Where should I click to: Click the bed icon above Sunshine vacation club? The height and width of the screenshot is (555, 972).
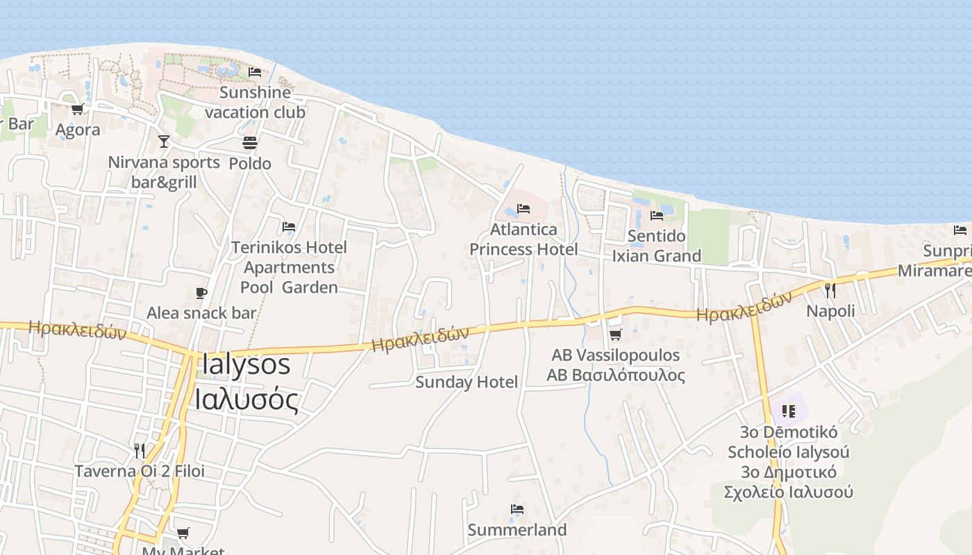pyautogui.click(x=255, y=71)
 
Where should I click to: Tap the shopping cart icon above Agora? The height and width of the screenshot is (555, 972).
pyautogui.click(x=77, y=109)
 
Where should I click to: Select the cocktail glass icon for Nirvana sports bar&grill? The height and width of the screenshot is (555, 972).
pyautogui.click(x=164, y=142)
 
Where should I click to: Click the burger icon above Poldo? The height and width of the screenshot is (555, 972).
pyautogui.click(x=250, y=143)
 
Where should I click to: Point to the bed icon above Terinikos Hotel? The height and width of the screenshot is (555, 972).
pyautogui.click(x=289, y=227)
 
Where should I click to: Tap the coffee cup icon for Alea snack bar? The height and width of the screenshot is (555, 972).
pyautogui.click(x=201, y=293)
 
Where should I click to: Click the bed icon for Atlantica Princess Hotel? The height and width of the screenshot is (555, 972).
pyautogui.click(x=523, y=209)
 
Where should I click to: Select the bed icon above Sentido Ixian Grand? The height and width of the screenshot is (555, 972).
pyautogui.click(x=656, y=216)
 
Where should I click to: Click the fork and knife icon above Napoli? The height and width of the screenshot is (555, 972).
pyautogui.click(x=830, y=290)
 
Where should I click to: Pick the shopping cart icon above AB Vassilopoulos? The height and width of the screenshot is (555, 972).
pyautogui.click(x=615, y=335)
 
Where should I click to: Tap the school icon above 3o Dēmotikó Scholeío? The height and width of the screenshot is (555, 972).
pyautogui.click(x=788, y=411)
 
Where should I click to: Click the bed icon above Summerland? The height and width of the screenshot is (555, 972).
pyautogui.click(x=517, y=510)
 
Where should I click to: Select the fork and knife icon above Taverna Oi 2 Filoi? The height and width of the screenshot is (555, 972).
pyautogui.click(x=140, y=451)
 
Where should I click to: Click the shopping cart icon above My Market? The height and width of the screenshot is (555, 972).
pyautogui.click(x=183, y=533)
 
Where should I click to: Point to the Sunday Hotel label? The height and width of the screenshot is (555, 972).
pyautogui.click(x=467, y=382)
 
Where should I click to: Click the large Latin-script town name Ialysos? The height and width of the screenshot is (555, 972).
pyautogui.click(x=246, y=365)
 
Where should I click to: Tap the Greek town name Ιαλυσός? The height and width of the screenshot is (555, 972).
pyautogui.click(x=246, y=400)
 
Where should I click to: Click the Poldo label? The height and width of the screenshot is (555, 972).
pyautogui.click(x=250, y=164)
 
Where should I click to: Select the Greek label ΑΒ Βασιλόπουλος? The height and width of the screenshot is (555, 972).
pyautogui.click(x=616, y=375)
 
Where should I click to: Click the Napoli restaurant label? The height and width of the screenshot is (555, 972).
pyautogui.click(x=830, y=311)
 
